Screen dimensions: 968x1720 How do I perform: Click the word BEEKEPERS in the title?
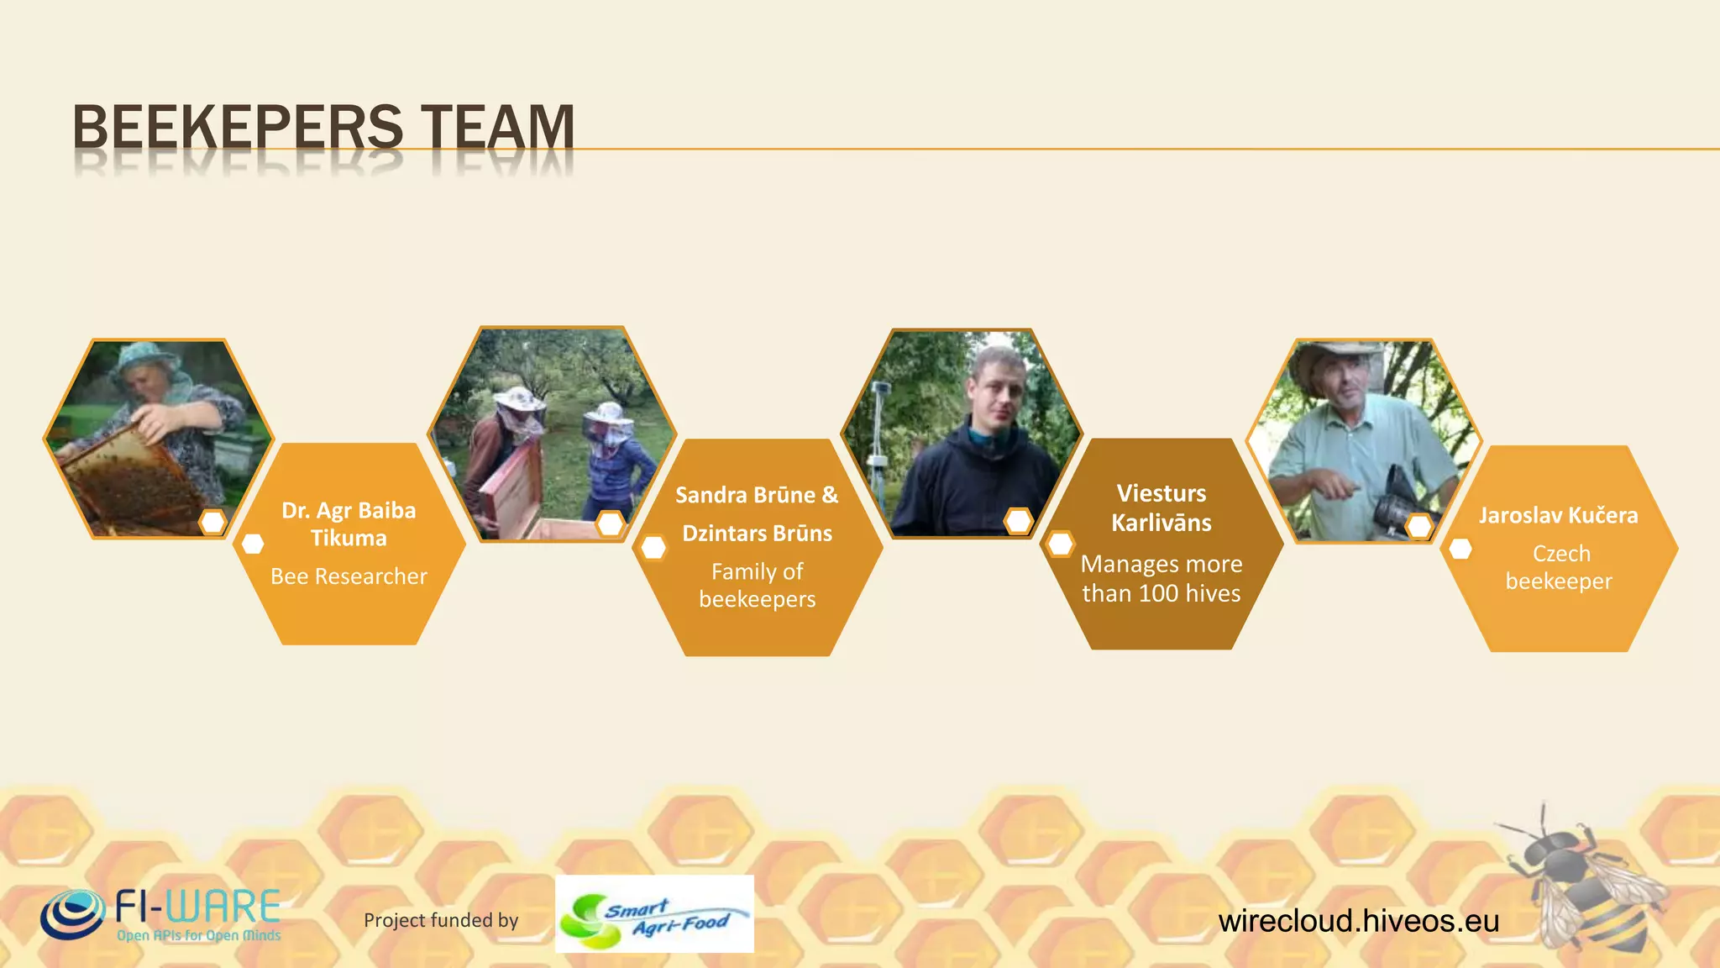238,127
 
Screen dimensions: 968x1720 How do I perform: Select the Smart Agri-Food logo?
654,914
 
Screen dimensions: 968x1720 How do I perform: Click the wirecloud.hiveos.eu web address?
1358,921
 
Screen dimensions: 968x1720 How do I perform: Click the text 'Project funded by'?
441,920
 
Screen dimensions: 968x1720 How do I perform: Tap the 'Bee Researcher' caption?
349,576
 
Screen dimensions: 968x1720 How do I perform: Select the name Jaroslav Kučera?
1558,515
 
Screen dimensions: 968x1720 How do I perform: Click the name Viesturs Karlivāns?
1161,508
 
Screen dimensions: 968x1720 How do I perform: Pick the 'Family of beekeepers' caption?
757,585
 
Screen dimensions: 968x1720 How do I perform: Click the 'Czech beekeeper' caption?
1559,567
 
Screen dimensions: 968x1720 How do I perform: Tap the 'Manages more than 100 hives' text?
1161,578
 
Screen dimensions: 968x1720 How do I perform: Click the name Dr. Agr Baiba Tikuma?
349,523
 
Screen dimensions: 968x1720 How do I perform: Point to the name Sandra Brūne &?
757,495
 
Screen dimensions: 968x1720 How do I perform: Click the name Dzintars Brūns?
757,534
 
